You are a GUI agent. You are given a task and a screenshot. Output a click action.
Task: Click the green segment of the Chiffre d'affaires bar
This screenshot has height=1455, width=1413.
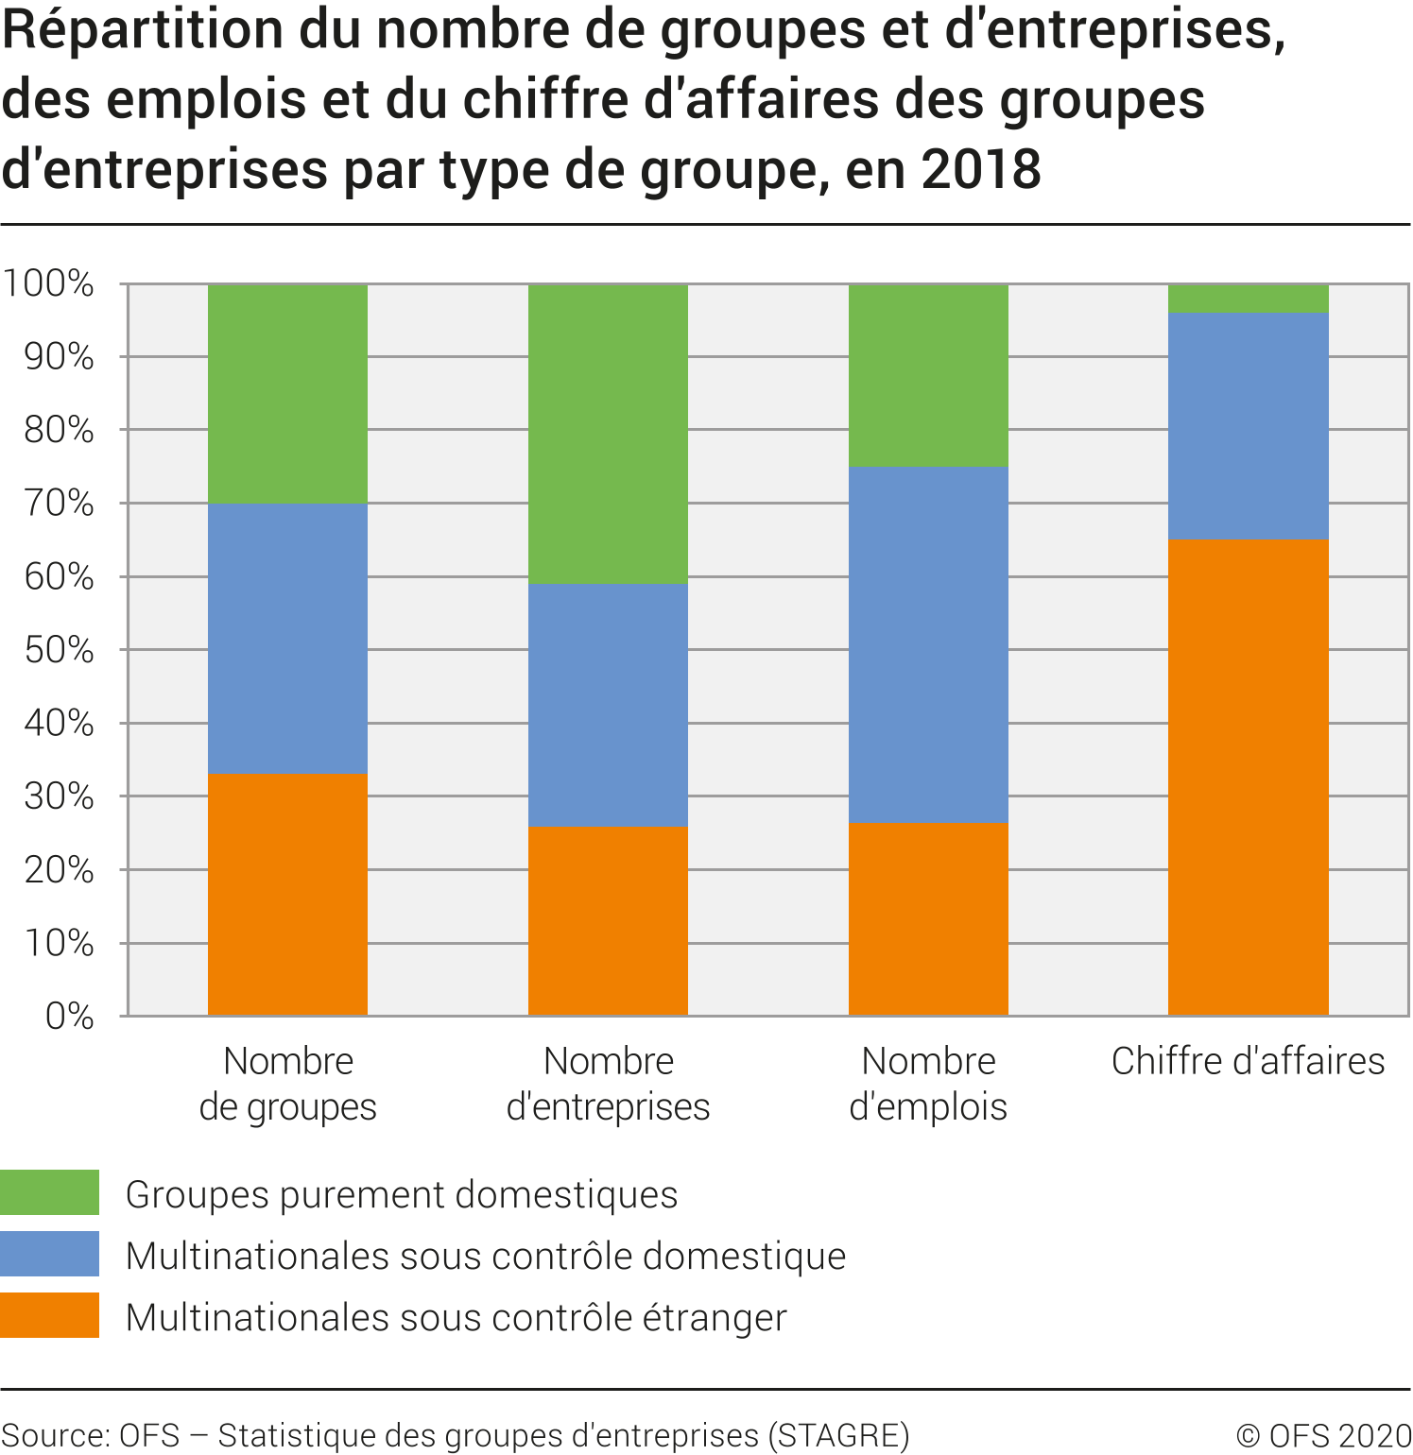(1248, 299)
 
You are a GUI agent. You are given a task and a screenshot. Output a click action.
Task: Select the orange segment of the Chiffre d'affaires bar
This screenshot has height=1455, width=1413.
(1248, 778)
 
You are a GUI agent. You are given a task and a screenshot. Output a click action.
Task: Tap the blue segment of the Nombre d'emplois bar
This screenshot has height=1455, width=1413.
(928, 644)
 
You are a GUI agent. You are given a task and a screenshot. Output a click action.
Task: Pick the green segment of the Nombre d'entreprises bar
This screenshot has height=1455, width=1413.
(608, 434)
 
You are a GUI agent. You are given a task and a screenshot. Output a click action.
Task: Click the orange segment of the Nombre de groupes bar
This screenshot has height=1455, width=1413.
(287, 895)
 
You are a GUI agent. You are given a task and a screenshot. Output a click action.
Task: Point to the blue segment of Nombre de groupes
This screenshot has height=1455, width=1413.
(287, 639)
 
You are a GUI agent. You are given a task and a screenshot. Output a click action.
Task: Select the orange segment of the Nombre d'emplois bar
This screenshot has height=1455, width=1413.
(928, 919)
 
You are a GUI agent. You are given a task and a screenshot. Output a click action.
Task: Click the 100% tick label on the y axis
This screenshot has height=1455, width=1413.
(48, 283)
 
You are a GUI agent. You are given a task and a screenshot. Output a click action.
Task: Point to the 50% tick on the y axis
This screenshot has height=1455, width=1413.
(59, 650)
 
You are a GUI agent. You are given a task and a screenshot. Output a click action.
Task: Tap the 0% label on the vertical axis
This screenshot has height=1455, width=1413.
(69, 1017)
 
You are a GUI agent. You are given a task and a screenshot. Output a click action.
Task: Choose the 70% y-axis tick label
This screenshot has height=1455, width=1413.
(59, 504)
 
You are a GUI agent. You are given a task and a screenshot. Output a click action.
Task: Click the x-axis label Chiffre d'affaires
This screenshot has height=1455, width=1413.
(1248, 1061)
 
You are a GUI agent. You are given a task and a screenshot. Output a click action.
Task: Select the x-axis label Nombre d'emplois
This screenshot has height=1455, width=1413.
(928, 1084)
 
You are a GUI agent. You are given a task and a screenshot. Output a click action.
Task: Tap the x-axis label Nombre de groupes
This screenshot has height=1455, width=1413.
(287, 1084)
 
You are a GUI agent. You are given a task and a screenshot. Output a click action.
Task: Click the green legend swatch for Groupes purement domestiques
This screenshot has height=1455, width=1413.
(49, 1192)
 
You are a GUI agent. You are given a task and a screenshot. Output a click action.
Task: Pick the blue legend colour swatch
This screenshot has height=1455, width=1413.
(49, 1254)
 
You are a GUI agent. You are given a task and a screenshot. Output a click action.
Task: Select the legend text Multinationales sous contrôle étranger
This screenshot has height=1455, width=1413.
(456, 1317)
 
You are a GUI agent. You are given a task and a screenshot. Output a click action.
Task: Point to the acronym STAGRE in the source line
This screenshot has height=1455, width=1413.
(838, 1435)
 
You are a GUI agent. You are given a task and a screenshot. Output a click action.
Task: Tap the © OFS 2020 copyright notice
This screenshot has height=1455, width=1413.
(1322, 1435)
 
